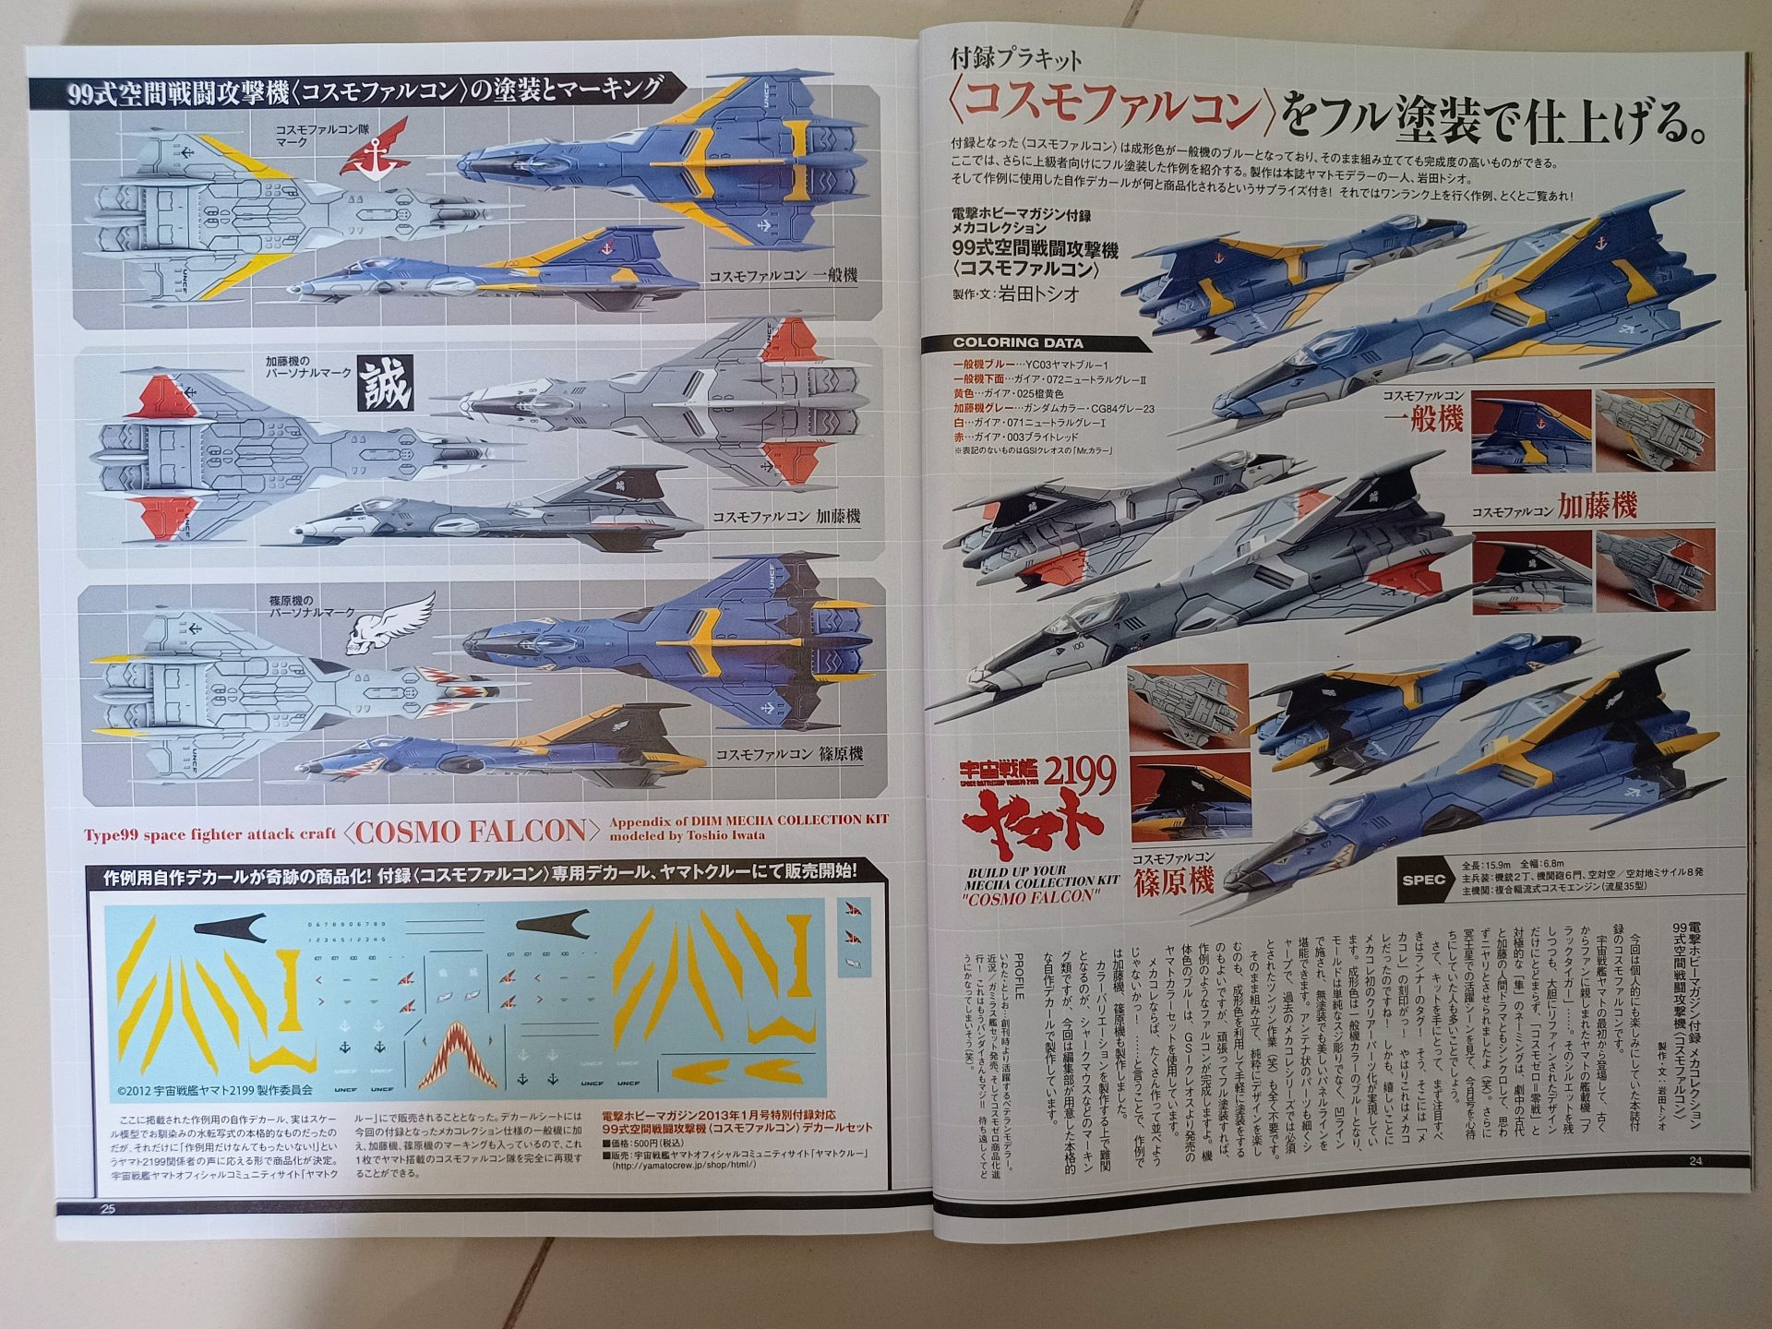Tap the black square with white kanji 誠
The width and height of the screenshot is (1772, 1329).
[x=386, y=383]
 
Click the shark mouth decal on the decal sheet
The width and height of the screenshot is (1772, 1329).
[x=459, y=1052]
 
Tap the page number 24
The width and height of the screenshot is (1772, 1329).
[x=1694, y=1161]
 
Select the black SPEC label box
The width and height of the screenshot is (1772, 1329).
[x=1423, y=879]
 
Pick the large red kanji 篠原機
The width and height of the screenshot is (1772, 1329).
[x=1177, y=882]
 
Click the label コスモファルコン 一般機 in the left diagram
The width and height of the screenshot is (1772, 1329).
[x=784, y=275]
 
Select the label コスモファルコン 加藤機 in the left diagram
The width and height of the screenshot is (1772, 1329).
[x=785, y=516]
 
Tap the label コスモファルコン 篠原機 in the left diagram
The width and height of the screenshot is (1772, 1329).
[x=789, y=754]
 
